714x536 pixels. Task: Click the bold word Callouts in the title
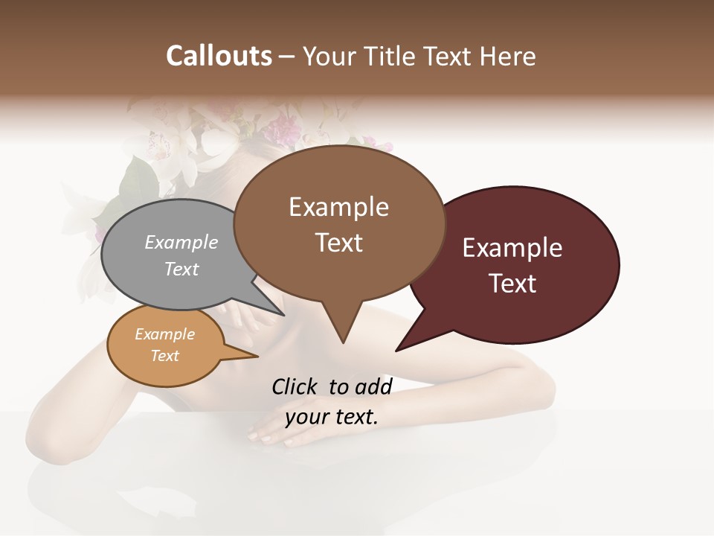pyautogui.click(x=219, y=56)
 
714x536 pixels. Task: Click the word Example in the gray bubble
pyautogui.click(x=181, y=242)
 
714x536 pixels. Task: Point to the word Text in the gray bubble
pyautogui.click(x=181, y=269)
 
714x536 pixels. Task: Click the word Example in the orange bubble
pyautogui.click(x=164, y=334)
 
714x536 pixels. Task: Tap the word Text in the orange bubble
pyautogui.click(x=164, y=355)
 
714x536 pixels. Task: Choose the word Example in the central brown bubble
pyautogui.click(x=338, y=207)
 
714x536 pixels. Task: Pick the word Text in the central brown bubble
pyautogui.click(x=338, y=243)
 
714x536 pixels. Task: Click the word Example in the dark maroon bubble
pyautogui.click(x=512, y=248)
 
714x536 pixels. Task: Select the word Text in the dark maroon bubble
pyautogui.click(x=512, y=284)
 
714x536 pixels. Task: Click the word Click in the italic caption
pyautogui.click(x=296, y=386)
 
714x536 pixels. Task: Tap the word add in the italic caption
pyautogui.click(x=373, y=386)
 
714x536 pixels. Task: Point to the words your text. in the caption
pyautogui.click(x=332, y=417)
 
